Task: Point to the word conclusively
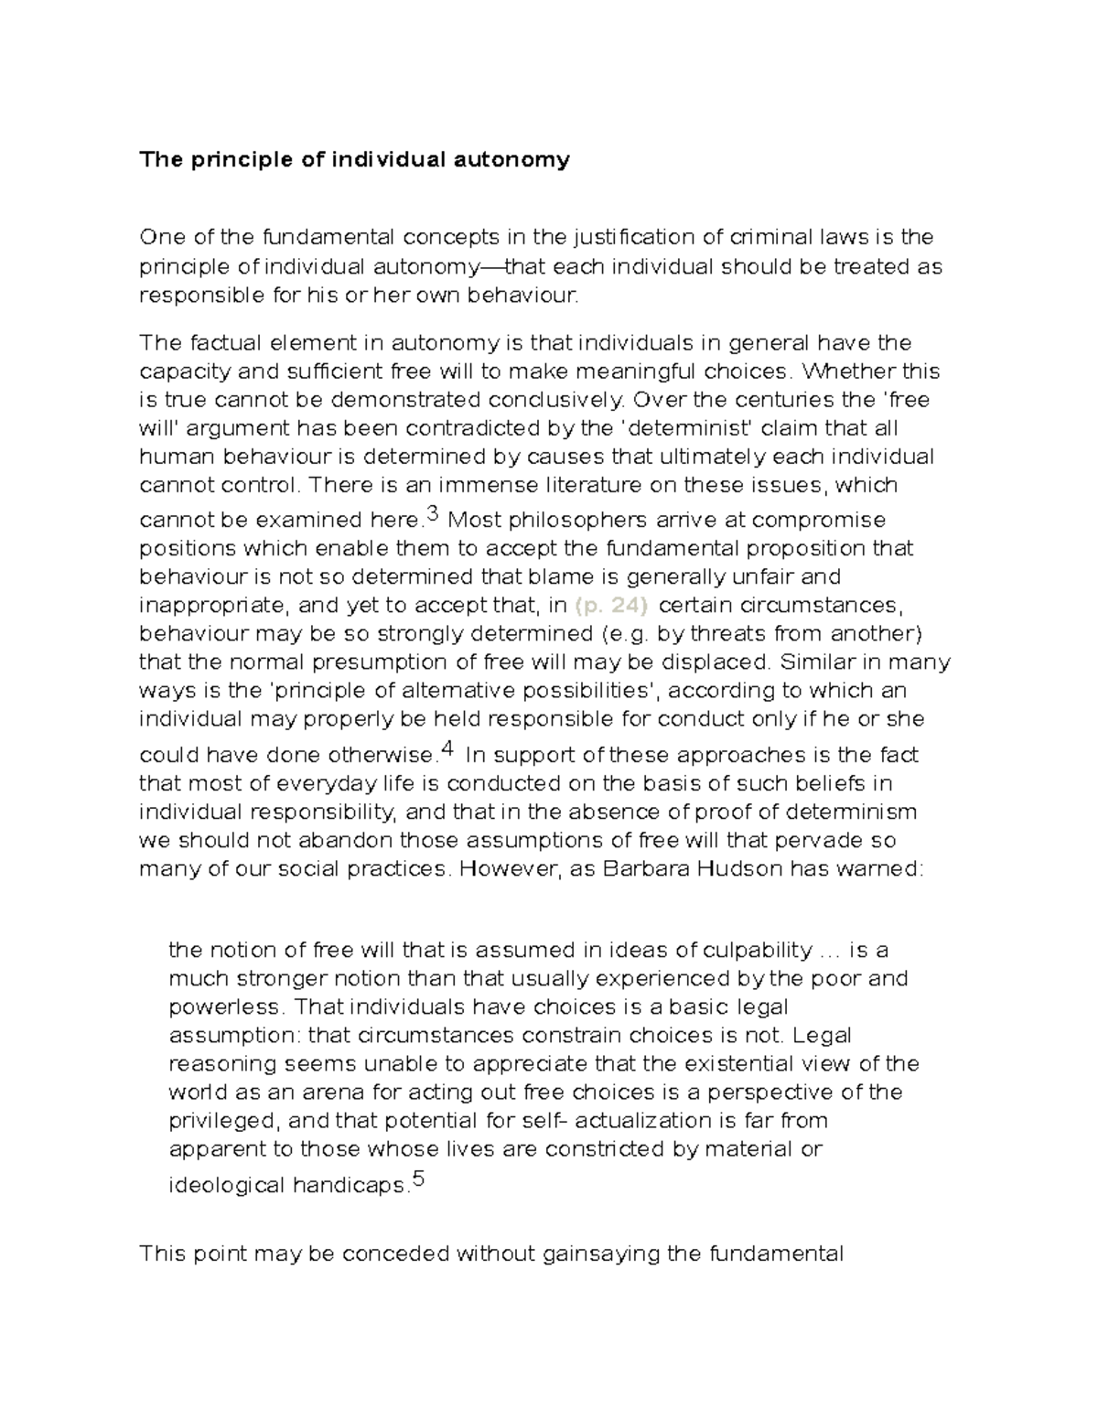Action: point(555,400)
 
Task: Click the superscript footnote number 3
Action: point(434,515)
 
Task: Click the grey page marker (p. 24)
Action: point(611,606)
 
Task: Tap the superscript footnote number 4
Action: point(447,749)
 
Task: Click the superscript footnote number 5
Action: point(419,1179)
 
